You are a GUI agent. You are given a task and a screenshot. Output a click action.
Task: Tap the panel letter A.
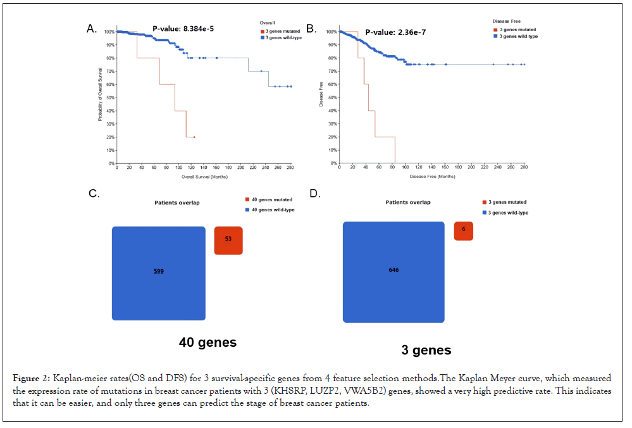tap(92, 28)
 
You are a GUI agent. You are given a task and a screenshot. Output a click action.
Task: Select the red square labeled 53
tap(228, 240)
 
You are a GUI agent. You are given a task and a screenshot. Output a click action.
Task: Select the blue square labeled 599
tap(158, 273)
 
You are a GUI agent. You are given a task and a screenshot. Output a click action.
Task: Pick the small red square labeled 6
tap(464, 231)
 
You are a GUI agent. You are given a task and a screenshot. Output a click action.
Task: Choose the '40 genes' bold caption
tap(208, 343)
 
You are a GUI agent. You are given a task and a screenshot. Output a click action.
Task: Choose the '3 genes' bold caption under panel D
tap(426, 350)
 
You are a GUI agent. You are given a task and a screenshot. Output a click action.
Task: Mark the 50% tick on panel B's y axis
tap(331, 98)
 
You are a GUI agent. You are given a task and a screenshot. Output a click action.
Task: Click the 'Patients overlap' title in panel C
tap(177, 203)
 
